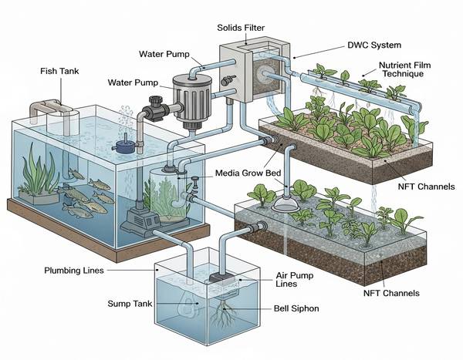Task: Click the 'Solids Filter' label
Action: tap(242, 27)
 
